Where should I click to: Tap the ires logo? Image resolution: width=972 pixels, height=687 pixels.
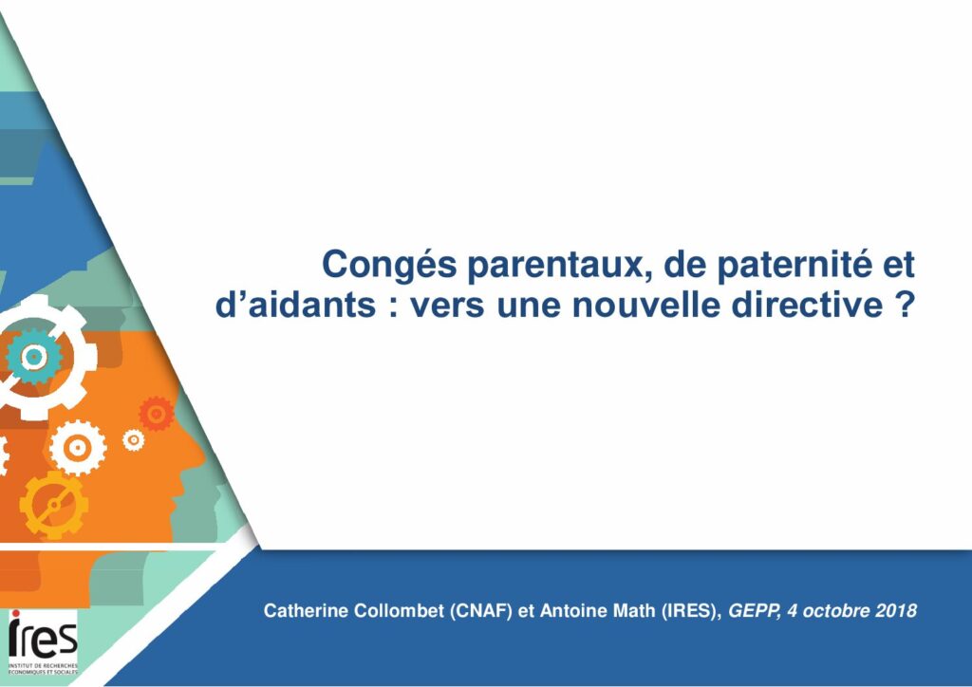(43, 641)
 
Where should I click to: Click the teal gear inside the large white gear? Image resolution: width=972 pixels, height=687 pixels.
(33, 356)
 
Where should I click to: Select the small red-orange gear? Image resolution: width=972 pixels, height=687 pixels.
(157, 413)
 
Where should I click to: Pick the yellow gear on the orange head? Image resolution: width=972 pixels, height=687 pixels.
(54, 505)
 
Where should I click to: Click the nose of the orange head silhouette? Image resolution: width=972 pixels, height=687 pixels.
(197, 455)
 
